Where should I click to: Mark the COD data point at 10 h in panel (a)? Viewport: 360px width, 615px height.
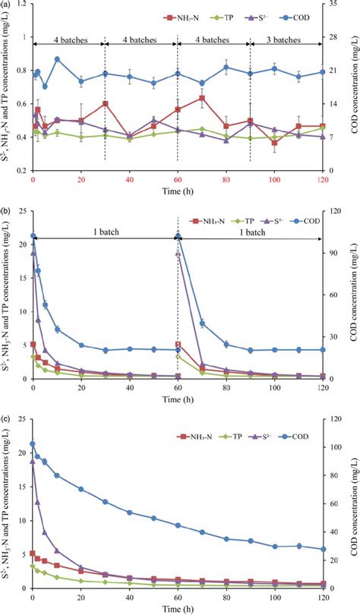57,59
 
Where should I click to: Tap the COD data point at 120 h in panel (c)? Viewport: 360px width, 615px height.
323,549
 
